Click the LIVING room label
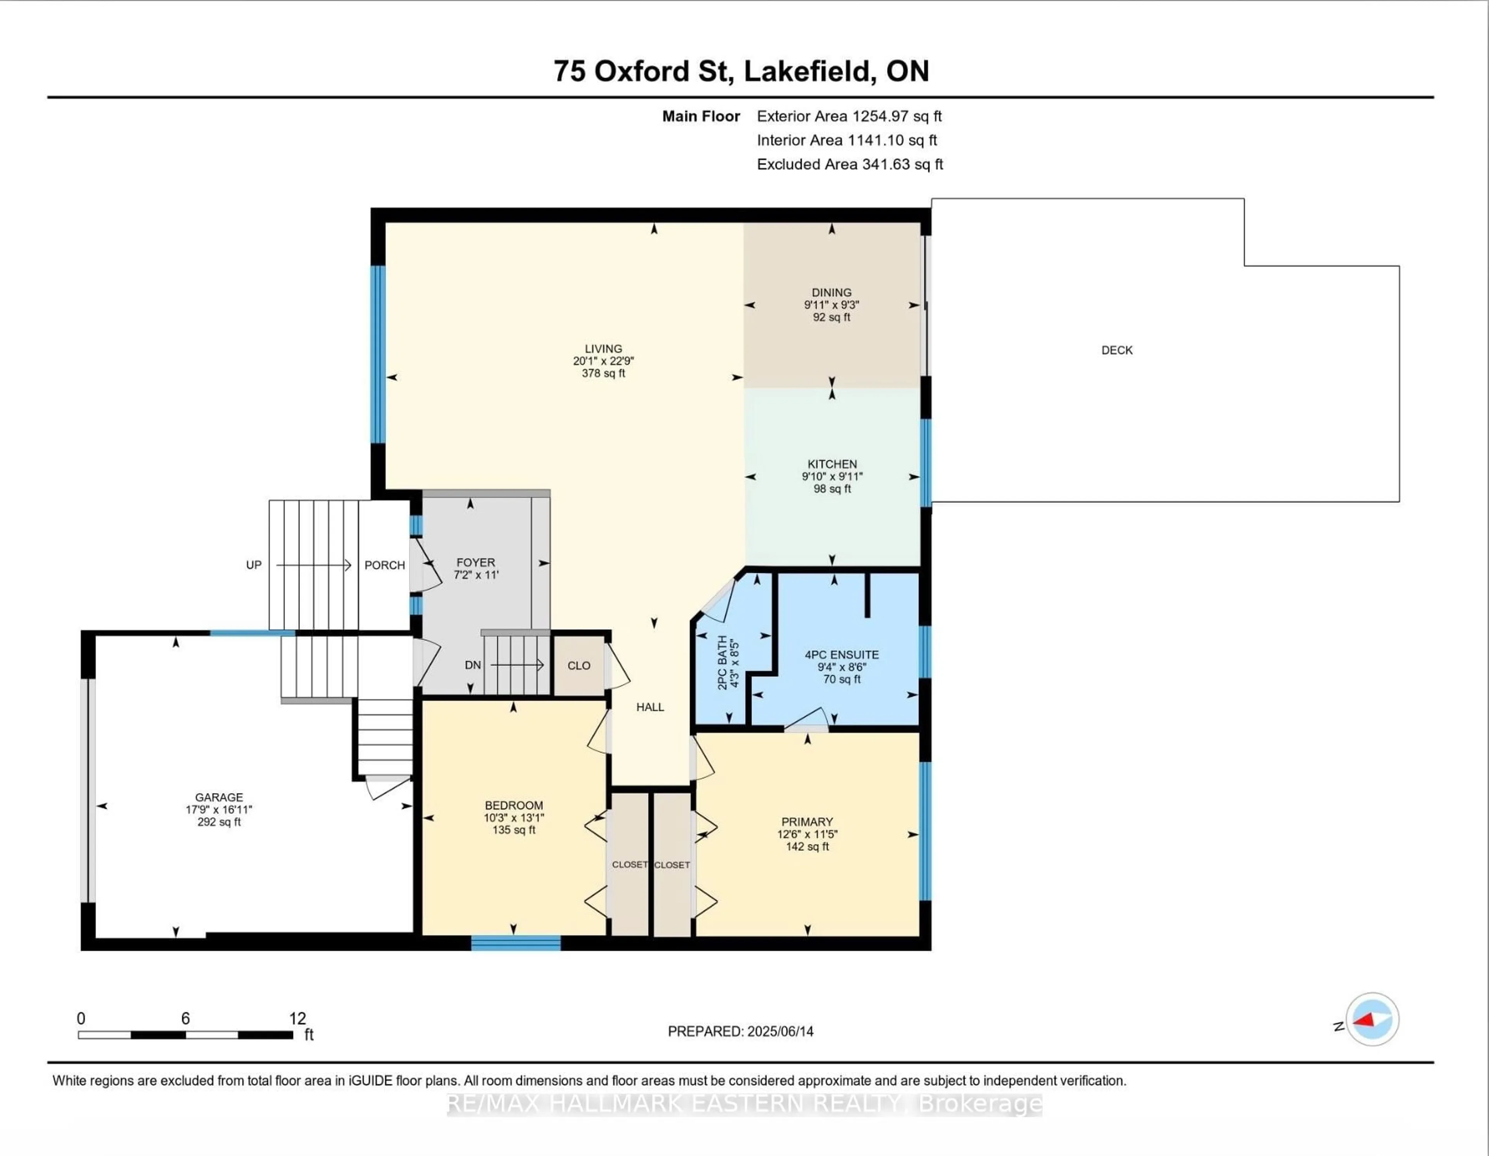603,349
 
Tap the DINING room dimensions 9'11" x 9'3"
831,305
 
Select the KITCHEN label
832,464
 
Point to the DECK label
1117,350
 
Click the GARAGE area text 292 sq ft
219,822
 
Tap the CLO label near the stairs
579,665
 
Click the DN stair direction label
472,665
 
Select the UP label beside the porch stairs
254,565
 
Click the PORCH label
385,565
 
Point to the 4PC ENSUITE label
841,655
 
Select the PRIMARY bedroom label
807,822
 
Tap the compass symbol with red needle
1372,1019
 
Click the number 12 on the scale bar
297,1018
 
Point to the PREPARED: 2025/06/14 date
740,1031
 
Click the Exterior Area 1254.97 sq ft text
849,116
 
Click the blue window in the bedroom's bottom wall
515,943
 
